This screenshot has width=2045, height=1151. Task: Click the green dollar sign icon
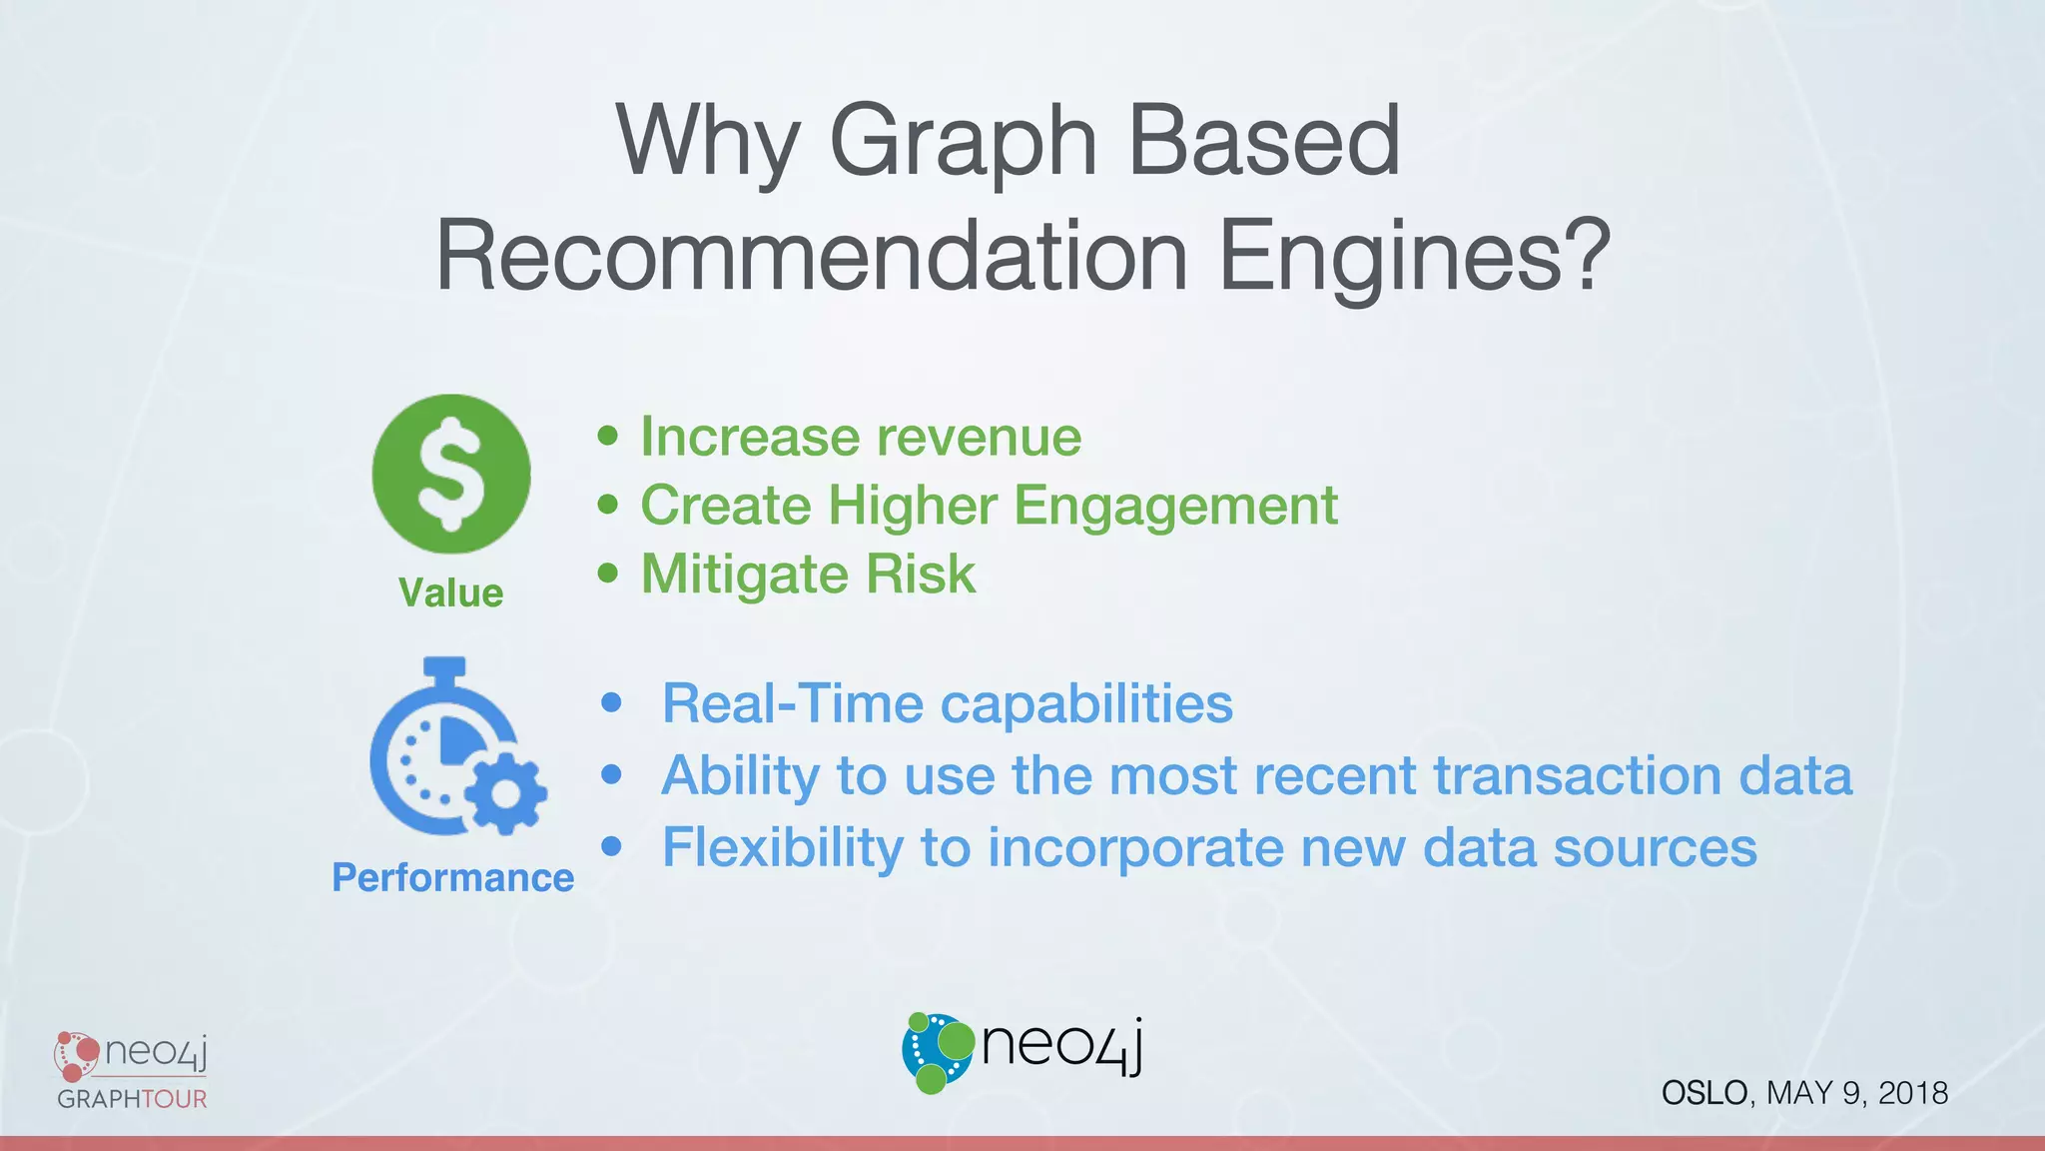pos(451,474)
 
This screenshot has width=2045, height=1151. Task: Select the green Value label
pos(450,592)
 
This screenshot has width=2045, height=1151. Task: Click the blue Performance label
pos(452,877)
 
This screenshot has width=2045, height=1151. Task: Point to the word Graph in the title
pos(963,142)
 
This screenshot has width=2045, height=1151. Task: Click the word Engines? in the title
pos(1414,256)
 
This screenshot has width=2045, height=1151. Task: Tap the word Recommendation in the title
pos(811,256)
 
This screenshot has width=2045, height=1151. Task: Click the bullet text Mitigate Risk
pos(808,574)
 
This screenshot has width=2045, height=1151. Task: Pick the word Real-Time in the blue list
pos(793,703)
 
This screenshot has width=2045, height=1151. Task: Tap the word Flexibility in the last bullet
pos(782,847)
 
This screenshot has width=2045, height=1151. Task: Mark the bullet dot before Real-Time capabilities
pos(612,702)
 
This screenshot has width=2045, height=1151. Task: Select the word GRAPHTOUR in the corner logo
pos(132,1099)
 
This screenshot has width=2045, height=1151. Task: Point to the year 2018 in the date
pos(1912,1093)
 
